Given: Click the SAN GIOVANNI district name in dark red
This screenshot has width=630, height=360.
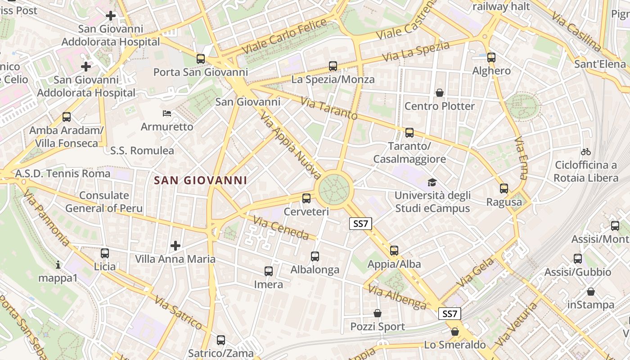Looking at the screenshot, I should click(201, 180).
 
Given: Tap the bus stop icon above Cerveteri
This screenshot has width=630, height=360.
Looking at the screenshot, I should click(306, 198).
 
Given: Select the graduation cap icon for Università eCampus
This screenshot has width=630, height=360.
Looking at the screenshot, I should click(432, 182).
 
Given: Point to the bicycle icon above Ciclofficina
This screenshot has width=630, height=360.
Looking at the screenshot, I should click(586, 152).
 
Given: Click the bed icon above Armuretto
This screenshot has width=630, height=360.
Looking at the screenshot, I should click(167, 113).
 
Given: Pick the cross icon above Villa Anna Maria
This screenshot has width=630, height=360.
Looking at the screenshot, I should click(175, 245).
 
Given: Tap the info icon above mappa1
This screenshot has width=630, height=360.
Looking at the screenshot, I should click(58, 265).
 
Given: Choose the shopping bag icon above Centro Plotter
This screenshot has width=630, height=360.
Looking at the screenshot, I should click(440, 93).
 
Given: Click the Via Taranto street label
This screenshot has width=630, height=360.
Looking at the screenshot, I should click(329, 109).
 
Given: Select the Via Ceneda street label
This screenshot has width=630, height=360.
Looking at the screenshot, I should click(281, 228).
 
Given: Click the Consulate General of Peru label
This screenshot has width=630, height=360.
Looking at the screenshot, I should click(104, 202).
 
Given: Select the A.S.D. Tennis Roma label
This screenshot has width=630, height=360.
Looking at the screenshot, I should click(63, 173).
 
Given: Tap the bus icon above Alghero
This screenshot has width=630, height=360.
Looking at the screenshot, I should click(491, 58).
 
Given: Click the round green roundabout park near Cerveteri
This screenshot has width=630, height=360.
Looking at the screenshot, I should click(334, 189).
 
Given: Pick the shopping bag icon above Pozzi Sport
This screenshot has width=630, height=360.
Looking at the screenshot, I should click(378, 313).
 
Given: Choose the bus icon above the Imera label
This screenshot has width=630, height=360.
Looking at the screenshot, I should click(269, 271).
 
